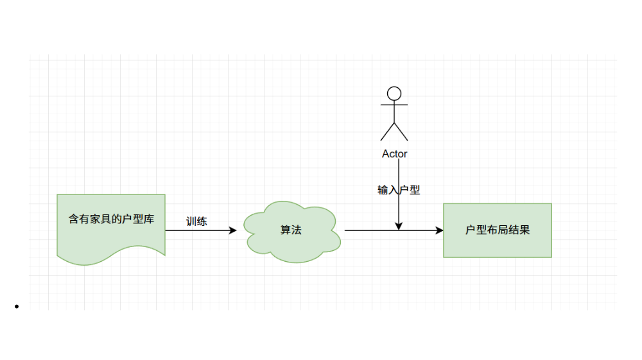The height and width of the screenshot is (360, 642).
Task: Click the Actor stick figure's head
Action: [x=394, y=93]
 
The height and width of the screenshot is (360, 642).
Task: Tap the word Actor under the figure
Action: [x=394, y=154]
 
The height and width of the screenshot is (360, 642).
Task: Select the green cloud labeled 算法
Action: [x=291, y=247]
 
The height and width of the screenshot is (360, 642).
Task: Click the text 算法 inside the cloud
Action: [x=291, y=230]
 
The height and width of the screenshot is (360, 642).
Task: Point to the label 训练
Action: [x=196, y=222]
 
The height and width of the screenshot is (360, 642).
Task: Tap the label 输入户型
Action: [x=399, y=190]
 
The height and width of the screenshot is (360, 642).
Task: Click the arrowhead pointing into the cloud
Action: [x=234, y=230]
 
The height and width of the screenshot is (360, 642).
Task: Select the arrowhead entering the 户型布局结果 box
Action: [x=440, y=230]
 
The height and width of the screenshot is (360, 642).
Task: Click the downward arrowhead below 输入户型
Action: [x=399, y=226]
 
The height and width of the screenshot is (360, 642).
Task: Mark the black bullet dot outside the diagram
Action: [x=16, y=307]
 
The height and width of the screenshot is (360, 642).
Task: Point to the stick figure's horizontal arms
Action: [x=394, y=103]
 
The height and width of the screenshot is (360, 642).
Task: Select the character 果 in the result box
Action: [x=525, y=230]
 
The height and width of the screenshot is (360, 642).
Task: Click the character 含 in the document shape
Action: [x=74, y=219]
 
